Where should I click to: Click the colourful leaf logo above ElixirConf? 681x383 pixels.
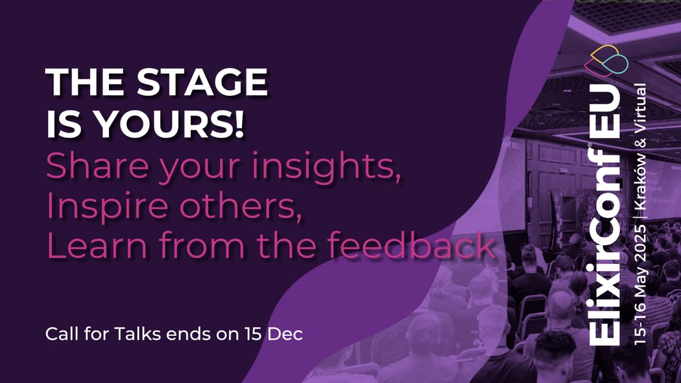pos(606,61)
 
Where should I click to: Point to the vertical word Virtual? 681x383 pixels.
pos(639,110)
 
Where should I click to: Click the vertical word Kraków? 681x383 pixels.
pos(640,181)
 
